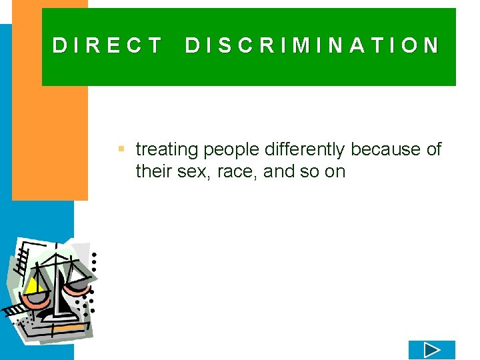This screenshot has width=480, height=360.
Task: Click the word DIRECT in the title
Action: [107, 45]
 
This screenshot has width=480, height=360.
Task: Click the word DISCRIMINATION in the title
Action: [312, 45]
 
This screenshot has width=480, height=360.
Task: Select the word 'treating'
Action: [167, 150]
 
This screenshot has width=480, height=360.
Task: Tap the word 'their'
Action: [153, 172]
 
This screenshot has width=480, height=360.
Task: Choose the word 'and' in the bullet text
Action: [279, 172]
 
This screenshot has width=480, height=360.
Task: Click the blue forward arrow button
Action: [431, 350]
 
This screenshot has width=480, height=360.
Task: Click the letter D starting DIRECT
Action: [59, 45]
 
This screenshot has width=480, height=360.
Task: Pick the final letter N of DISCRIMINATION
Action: [432, 45]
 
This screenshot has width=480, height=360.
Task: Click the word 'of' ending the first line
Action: [434, 150]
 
